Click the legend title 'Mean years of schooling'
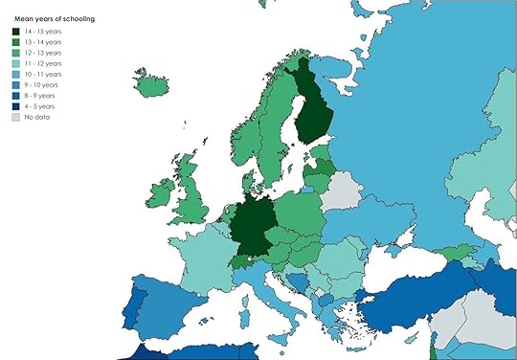tap(54, 18)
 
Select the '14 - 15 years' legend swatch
tap(16, 32)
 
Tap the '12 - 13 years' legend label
tap(44, 53)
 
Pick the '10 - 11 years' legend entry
tap(44, 74)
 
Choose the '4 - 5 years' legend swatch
tap(16, 105)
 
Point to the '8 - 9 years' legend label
tap(42, 95)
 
